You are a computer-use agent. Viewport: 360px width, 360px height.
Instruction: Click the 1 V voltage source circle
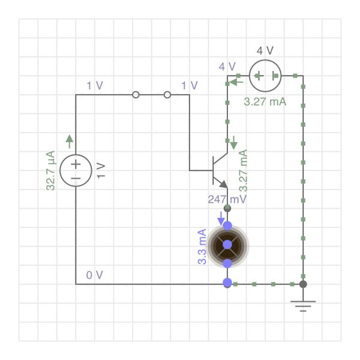tap(76, 170)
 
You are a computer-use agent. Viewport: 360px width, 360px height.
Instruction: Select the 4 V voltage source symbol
tap(265, 76)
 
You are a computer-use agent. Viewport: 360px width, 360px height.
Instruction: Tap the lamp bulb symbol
tap(227, 245)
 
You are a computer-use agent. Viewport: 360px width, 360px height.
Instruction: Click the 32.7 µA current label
tap(51, 170)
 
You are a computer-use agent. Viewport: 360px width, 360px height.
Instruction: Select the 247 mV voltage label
tap(227, 199)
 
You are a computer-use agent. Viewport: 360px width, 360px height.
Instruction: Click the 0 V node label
tap(94, 275)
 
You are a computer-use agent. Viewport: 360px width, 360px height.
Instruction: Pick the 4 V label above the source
tap(265, 50)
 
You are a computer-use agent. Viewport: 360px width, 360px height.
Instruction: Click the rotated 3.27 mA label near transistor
tap(244, 170)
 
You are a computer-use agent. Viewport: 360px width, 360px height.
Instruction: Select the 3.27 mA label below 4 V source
tap(265, 101)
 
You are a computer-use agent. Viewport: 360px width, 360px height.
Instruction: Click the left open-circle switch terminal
tap(136, 95)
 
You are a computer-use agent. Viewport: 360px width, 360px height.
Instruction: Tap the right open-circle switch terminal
tap(167, 95)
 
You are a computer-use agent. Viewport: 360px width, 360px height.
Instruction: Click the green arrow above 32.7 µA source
tap(70, 141)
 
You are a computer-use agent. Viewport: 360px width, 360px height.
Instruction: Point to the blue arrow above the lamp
tap(221, 217)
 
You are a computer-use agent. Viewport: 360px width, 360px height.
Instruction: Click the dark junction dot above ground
tap(303, 284)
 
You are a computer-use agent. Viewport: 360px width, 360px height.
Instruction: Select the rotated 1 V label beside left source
tap(100, 170)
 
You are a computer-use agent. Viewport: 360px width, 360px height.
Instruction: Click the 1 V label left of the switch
tap(94, 85)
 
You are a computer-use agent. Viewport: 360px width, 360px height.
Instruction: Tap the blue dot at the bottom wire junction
tap(227, 283)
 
